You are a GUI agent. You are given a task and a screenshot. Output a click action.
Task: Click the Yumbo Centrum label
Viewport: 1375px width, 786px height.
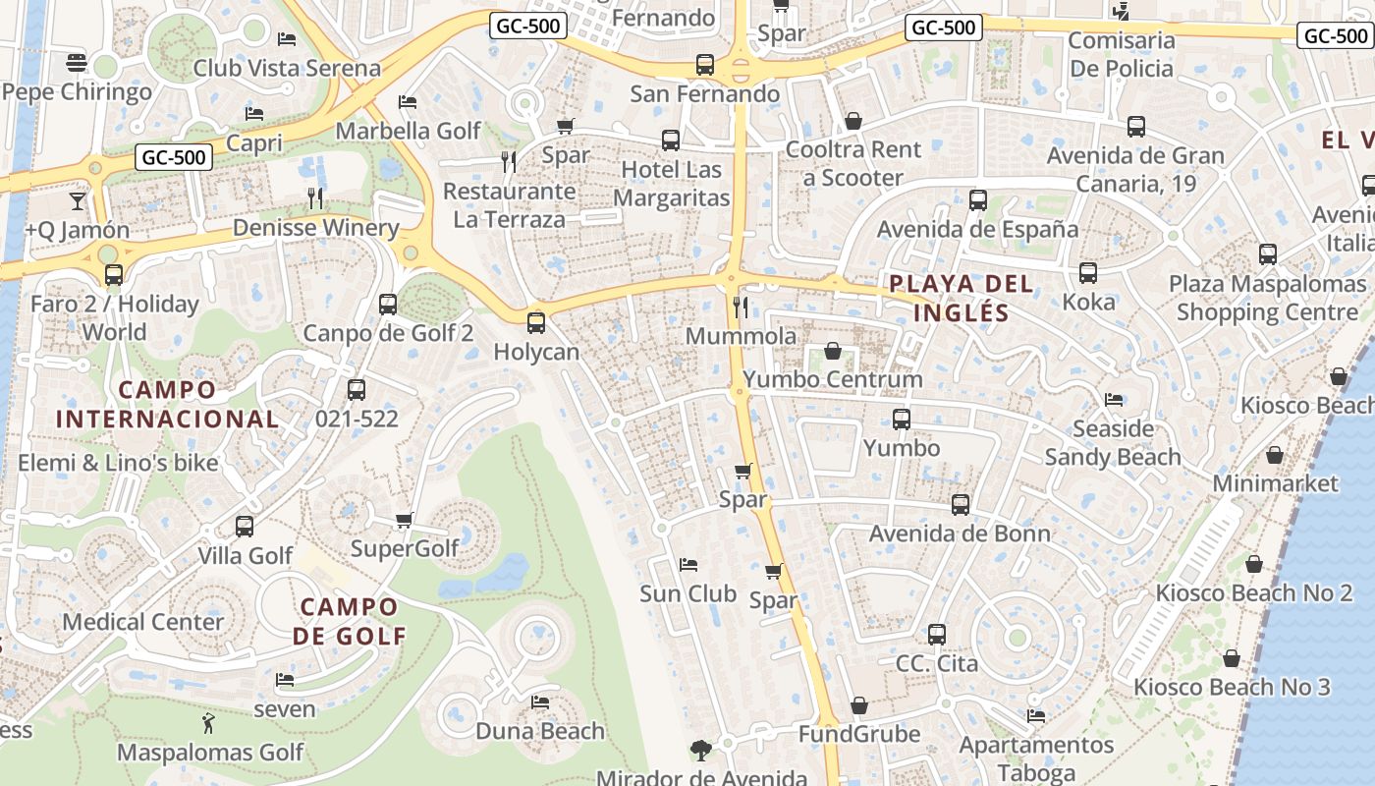pos(833,379)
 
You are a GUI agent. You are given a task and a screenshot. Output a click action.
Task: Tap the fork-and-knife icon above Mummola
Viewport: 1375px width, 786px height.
pos(741,308)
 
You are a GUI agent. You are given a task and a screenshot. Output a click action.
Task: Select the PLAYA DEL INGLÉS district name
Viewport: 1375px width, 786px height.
pos(962,299)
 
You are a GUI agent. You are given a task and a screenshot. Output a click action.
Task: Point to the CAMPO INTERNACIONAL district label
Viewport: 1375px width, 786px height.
pos(167,404)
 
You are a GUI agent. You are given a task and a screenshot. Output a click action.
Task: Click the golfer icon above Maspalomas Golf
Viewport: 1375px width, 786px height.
pos(208,724)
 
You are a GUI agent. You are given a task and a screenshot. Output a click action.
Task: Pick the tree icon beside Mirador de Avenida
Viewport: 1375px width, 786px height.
pos(700,751)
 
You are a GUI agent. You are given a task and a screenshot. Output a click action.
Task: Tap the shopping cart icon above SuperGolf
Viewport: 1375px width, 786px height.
pos(404,519)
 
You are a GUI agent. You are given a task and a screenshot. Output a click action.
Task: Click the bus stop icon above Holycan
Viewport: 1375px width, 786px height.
pos(536,322)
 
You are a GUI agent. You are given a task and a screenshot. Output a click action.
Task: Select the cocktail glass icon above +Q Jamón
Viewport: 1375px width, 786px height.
pos(78,201)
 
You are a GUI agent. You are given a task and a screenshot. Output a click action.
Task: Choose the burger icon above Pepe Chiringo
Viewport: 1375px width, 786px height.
pos(78,63)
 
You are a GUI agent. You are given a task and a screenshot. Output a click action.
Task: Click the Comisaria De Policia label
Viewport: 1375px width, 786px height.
pos(1122,54)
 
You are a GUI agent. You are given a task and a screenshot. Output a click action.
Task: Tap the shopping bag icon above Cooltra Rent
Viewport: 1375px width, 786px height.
pos(853,121)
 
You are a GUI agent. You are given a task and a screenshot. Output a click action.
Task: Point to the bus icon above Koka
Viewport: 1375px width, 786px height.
pos(1088,273)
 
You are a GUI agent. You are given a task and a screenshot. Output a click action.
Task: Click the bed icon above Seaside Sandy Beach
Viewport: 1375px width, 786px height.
pos(1113,400)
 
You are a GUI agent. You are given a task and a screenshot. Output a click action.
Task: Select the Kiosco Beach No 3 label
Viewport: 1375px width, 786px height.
pos(1232,687)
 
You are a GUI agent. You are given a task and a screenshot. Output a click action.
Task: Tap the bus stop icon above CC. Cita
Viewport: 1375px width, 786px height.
pos(937,634)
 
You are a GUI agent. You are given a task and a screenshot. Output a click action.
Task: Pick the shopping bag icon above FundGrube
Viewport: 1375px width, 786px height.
pos(859,705)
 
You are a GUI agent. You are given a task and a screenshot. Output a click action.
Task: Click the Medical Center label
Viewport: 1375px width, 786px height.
pos(143,622)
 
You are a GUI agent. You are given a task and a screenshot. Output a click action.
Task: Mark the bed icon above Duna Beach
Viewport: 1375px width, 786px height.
pos(539,702)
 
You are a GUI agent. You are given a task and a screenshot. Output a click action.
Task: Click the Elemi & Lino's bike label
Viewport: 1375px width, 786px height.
pos(118,463)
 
